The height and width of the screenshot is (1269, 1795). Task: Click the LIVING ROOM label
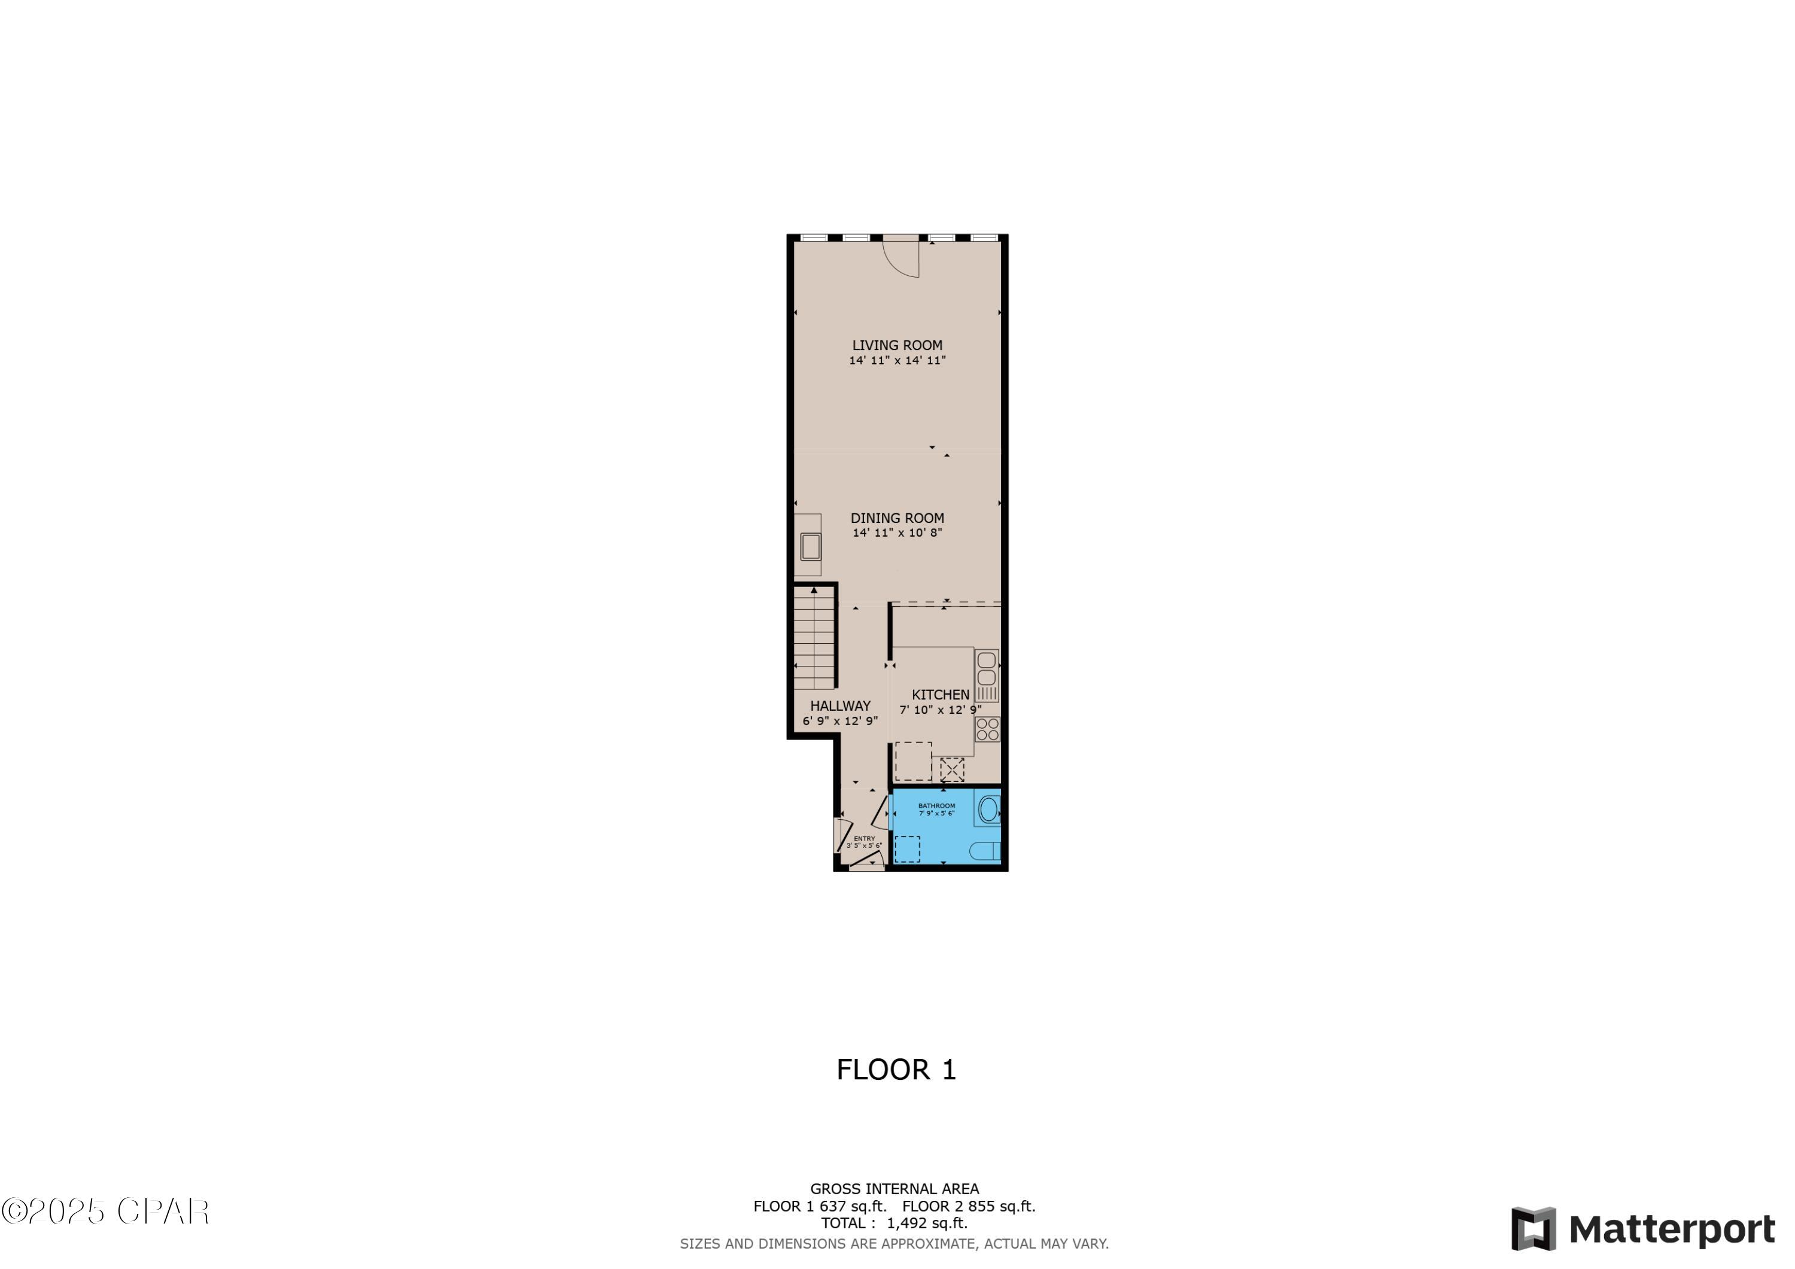point(897,345)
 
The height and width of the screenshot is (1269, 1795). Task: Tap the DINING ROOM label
point(897,518)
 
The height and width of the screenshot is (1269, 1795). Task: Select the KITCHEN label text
point(940,694)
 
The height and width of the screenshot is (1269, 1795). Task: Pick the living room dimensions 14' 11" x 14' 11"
point(897,360)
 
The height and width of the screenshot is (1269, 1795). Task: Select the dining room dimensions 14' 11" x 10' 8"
point(897,533)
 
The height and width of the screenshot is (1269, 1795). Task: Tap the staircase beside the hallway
point(814,638)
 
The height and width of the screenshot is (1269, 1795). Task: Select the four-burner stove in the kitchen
point(987,729)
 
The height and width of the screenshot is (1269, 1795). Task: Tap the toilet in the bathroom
point(984,851)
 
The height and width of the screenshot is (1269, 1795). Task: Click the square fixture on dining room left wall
point(810,546)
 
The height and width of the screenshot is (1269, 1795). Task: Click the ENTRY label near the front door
point(864,838)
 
